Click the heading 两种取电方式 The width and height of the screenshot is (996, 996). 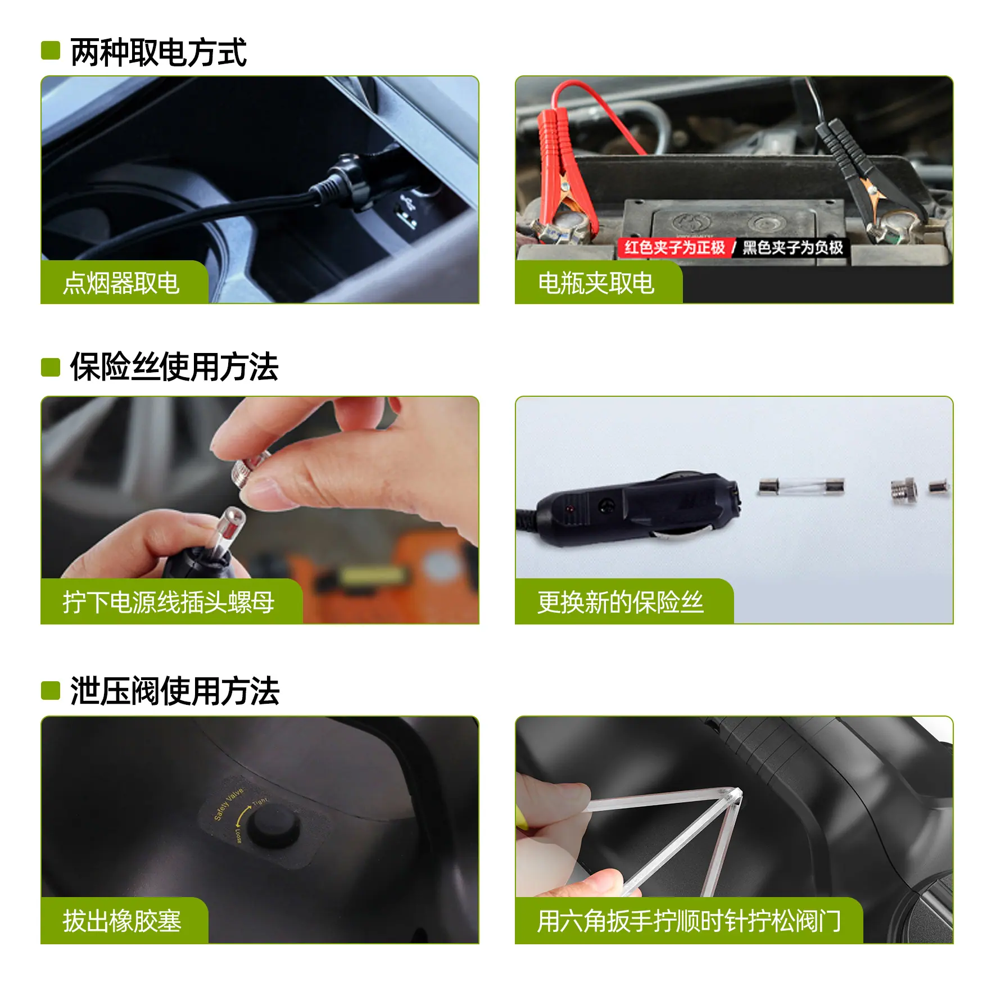159,52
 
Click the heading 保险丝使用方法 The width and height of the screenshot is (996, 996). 174,367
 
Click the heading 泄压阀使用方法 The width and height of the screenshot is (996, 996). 174,691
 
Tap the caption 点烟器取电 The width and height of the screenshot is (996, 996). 121,283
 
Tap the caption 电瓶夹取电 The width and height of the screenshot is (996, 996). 596,283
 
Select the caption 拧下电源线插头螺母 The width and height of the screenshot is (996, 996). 169,602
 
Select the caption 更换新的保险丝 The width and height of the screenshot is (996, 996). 620,602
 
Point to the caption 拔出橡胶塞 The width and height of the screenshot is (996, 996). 122,921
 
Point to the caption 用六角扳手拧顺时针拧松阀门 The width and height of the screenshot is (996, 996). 689,921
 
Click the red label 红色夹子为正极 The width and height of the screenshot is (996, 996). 674,247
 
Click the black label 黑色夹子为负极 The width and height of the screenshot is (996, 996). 793,247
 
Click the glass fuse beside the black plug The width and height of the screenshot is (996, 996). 801,486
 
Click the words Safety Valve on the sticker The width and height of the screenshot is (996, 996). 228,804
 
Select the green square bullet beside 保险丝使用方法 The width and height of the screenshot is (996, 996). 51,368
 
